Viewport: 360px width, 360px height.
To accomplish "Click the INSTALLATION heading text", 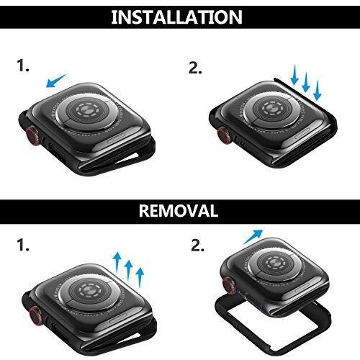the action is pyautogui.click(x=176, y=17).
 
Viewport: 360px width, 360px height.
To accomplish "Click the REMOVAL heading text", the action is pyautogui.click(x=179, y=210).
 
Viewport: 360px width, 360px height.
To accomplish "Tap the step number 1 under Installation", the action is pyautogui.click(x=23, y=66).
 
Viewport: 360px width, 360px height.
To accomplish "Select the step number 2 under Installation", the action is pyautogui.click(x=195, y=68).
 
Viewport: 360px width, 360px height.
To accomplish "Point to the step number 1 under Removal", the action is pyautogui.click(x=23, y=246).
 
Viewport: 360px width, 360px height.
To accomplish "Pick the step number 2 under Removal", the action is pyautogui.click(x=197, y=246).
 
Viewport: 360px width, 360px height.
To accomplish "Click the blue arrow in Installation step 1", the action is pyautogui.click(x=55, y=81).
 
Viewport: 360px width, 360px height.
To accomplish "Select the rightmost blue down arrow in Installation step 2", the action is pyautogui.click(x=317, y=90).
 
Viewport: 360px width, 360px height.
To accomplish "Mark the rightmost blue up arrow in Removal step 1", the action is pyautogui.click(x=140, y=278).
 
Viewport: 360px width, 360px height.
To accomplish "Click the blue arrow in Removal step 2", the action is pyautogui.click(x=253, y=237).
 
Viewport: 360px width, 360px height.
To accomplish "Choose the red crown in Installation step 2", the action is pyautogui.click(x=224, y=135).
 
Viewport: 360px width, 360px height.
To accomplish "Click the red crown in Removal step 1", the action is pyautogui.click(x=35, y=315).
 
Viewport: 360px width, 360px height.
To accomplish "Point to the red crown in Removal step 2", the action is pyautogui.click(x=228, y=285).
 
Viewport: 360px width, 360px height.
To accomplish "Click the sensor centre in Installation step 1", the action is pyautogui.click(x=86, y=110).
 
